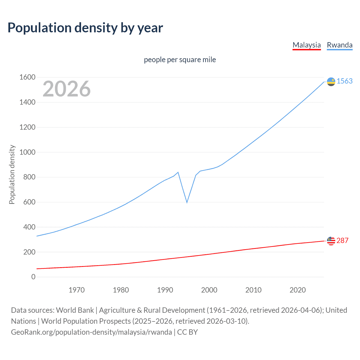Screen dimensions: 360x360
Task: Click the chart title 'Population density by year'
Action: pyautogui.click(x=85, y=28)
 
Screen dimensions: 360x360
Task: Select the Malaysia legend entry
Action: pyautogui.click(x=307, y=45)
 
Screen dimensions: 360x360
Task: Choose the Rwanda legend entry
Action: pyautogui.click(x=339, y=45)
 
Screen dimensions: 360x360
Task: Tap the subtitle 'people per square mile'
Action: pyautogui.click(x=180, y=60)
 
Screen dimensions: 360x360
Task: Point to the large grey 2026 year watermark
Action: pyautogui.click(x=67, y=89)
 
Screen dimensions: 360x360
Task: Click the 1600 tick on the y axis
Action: pyautogui.click(x=27, y=77)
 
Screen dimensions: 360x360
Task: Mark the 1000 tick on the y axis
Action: pyautogui.click(x=27, y=152)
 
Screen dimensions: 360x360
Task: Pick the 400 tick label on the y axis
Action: pyautogui.click(x=29, y=227)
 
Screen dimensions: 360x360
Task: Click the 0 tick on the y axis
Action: pyautogui.click(x=33, y=277)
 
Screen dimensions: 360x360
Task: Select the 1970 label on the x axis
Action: pyautogui.click(x=76, y=290)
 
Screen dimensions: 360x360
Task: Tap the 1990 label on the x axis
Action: pyautogui.click(x=165, y=290)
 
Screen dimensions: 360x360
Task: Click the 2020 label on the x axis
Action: pyautogui.click(x=298, y=290)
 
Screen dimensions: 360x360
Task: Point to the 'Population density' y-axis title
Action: pyautogui.click(x=12, y=174)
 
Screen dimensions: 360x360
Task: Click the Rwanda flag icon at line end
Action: pyautogui.click(x=331, y=82)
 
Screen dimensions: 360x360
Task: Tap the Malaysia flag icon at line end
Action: pyautogui.click(x=331, y=241)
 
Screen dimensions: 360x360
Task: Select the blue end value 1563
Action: pyautogui.click(x=345, y=81)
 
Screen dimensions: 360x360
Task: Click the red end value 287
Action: pyautogui.click(x=342, y=240)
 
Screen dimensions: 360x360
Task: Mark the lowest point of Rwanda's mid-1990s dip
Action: pyautogui.click(x=187, y=202)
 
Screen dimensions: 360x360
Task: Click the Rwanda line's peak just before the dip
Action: pyautogui.click(x=178, y=172)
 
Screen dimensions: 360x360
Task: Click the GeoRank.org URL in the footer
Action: pyautogui.click(x=91, y=332)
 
